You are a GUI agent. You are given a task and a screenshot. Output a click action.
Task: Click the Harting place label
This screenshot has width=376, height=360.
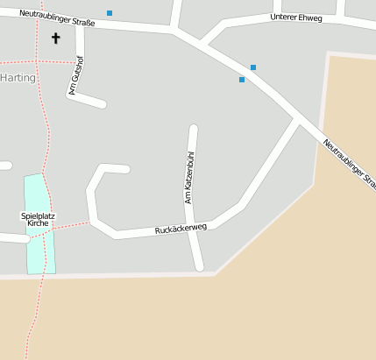point(18,77)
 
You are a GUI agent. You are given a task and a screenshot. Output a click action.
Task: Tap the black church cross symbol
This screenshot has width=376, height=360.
point(57,38)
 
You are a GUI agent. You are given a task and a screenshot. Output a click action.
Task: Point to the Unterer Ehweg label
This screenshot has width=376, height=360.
point(296,17)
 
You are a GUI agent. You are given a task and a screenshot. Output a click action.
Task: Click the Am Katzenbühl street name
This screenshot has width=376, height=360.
point(188,178)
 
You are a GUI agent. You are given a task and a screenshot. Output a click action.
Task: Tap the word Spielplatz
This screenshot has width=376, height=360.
point(38,215)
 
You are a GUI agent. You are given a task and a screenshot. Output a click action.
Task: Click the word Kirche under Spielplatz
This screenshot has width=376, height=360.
point(38,223)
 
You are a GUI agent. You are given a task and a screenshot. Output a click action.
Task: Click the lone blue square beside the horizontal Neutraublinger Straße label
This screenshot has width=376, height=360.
point(110,13)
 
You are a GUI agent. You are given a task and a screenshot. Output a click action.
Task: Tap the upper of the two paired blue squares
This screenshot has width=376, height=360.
point(253,67)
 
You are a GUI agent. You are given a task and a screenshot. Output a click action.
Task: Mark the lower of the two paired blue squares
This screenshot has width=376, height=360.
point(242,80)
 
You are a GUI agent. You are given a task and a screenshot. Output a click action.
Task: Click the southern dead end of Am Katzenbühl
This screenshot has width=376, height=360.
point(200,266)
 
